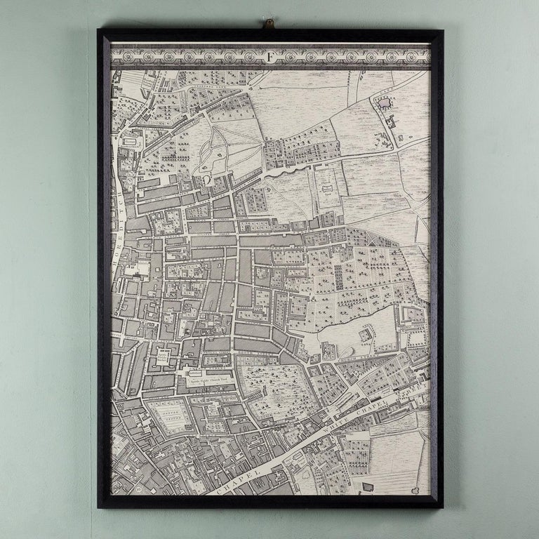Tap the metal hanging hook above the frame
point(268,25)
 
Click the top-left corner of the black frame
point(100,32)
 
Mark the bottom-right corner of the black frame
point(442,507)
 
